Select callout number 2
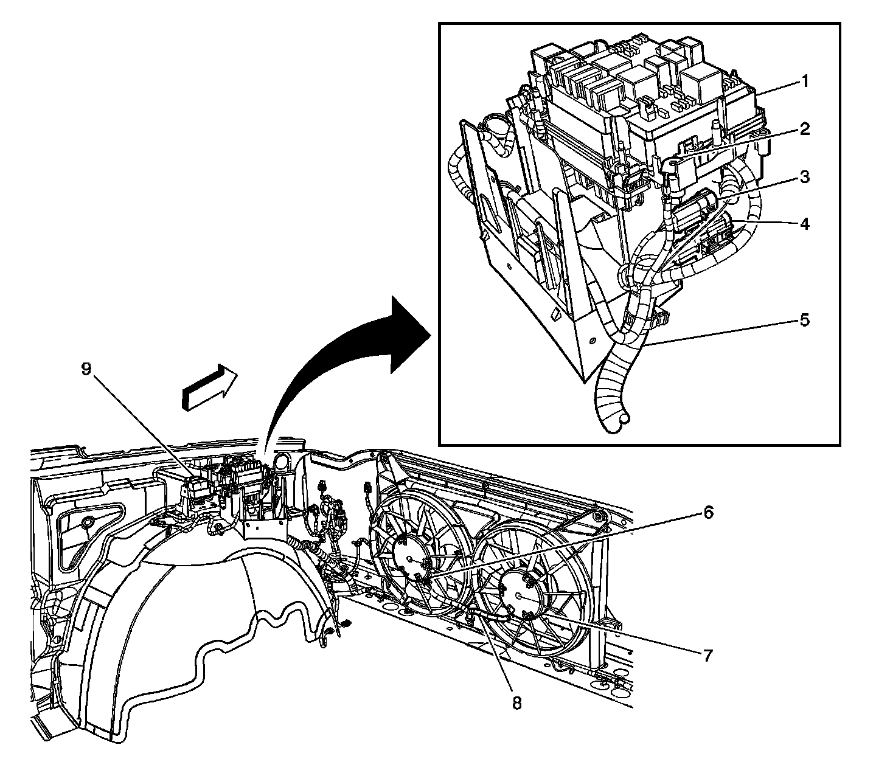pyautogui.click(x=805, y=129)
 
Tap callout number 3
pyautogui.click(x=805, y=178)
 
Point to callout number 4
pyautogui.click(x=805, y=224)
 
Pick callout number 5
pyautogui.click(x=805, y=320)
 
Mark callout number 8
pyautogui.click(x=516, y=703)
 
